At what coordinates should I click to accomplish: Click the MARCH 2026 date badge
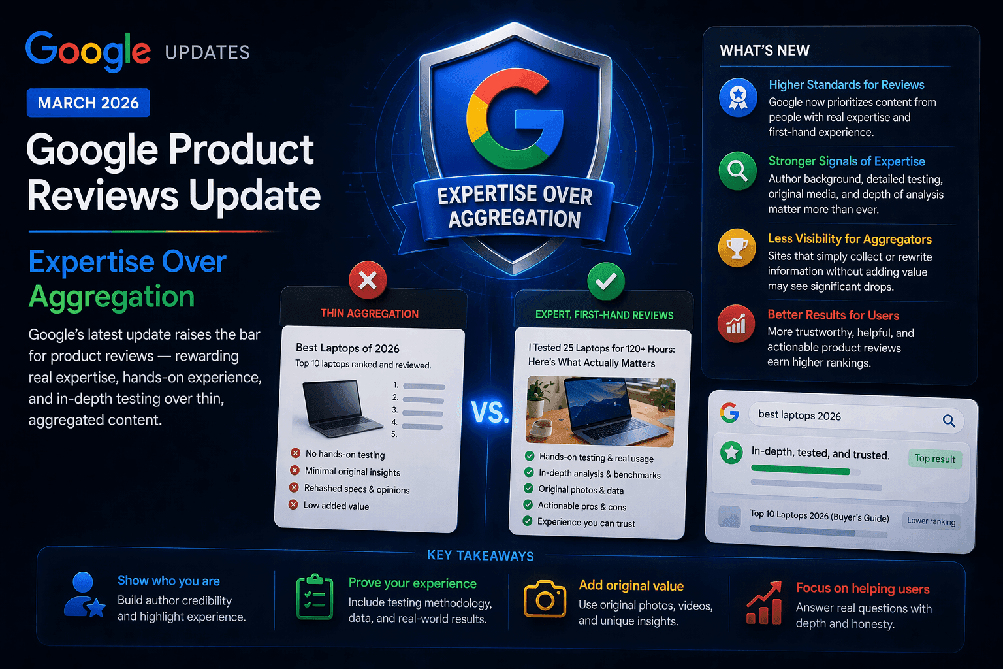[88, 103]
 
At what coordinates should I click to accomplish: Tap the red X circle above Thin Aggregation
[368, 280]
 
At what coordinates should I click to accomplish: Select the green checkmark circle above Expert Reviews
[605, 281]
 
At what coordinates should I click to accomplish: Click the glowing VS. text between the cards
[490, 412]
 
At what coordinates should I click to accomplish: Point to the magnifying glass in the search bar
[949, 421]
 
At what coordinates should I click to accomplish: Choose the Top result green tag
[934, 459]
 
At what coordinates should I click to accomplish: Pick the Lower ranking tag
[931, 521]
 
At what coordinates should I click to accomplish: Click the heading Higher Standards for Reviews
[846, 85]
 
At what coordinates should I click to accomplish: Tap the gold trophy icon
[737, 248]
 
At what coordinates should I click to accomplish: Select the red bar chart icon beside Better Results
[736, 323]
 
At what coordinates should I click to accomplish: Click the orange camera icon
[545, 598]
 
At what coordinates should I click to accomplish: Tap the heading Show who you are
[168, 581]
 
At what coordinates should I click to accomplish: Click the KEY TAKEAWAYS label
[481, 556]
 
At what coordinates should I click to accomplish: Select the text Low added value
[336, 506]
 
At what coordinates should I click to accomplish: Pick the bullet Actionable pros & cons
[582, 506]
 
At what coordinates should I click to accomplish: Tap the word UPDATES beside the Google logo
[208, 53]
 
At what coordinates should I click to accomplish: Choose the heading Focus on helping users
[863, 589]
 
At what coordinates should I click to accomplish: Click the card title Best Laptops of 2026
[347, 348]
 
